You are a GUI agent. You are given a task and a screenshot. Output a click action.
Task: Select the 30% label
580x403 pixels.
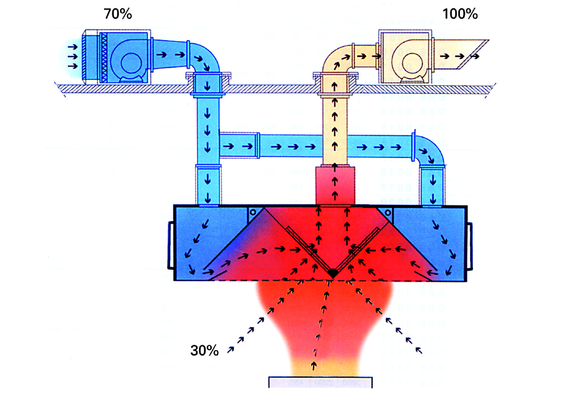coord(204,351)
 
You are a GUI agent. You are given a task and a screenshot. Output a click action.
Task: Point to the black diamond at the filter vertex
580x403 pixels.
coord(332,274)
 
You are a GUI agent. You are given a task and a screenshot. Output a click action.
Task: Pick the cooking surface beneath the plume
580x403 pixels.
coord(321,382)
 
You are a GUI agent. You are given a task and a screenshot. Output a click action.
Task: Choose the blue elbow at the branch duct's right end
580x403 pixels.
coord(430,151)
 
